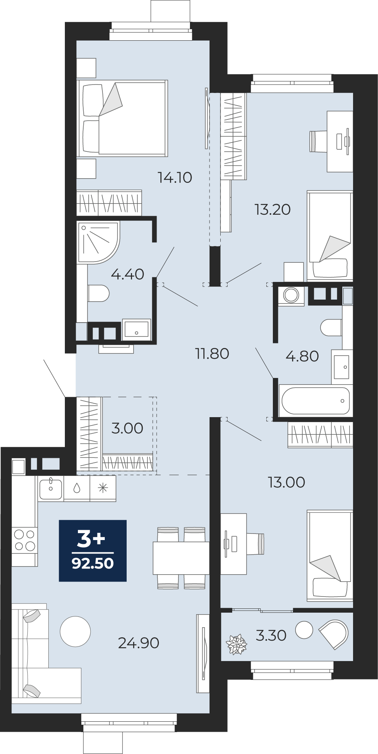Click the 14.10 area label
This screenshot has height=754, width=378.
coord(175,177)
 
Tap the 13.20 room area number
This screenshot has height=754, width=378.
coord(272,209)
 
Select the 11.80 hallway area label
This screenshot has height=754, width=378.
coord(212,353)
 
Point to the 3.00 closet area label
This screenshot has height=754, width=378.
coord(127,428)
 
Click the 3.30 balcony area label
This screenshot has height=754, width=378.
coord(271,635)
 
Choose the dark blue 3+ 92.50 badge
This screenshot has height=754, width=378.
coord(92,550)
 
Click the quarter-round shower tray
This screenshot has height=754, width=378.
coord(98,242)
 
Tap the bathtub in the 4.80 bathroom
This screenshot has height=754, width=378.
coord(315,401)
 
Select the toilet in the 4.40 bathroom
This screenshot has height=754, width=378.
coord(98,293)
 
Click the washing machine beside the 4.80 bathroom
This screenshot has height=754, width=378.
coord(291,295)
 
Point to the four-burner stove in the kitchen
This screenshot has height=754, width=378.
coord(25,540)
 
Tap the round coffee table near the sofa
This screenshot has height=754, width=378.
coord(75,631)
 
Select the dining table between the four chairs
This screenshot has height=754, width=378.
coord(181,558)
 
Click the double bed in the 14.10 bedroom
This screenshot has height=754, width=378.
coord(122,118)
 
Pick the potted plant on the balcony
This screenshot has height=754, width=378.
coord(236,644)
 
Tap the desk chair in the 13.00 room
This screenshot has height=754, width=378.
coord(255,544)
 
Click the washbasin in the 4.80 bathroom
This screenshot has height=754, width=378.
coord(342,367)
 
